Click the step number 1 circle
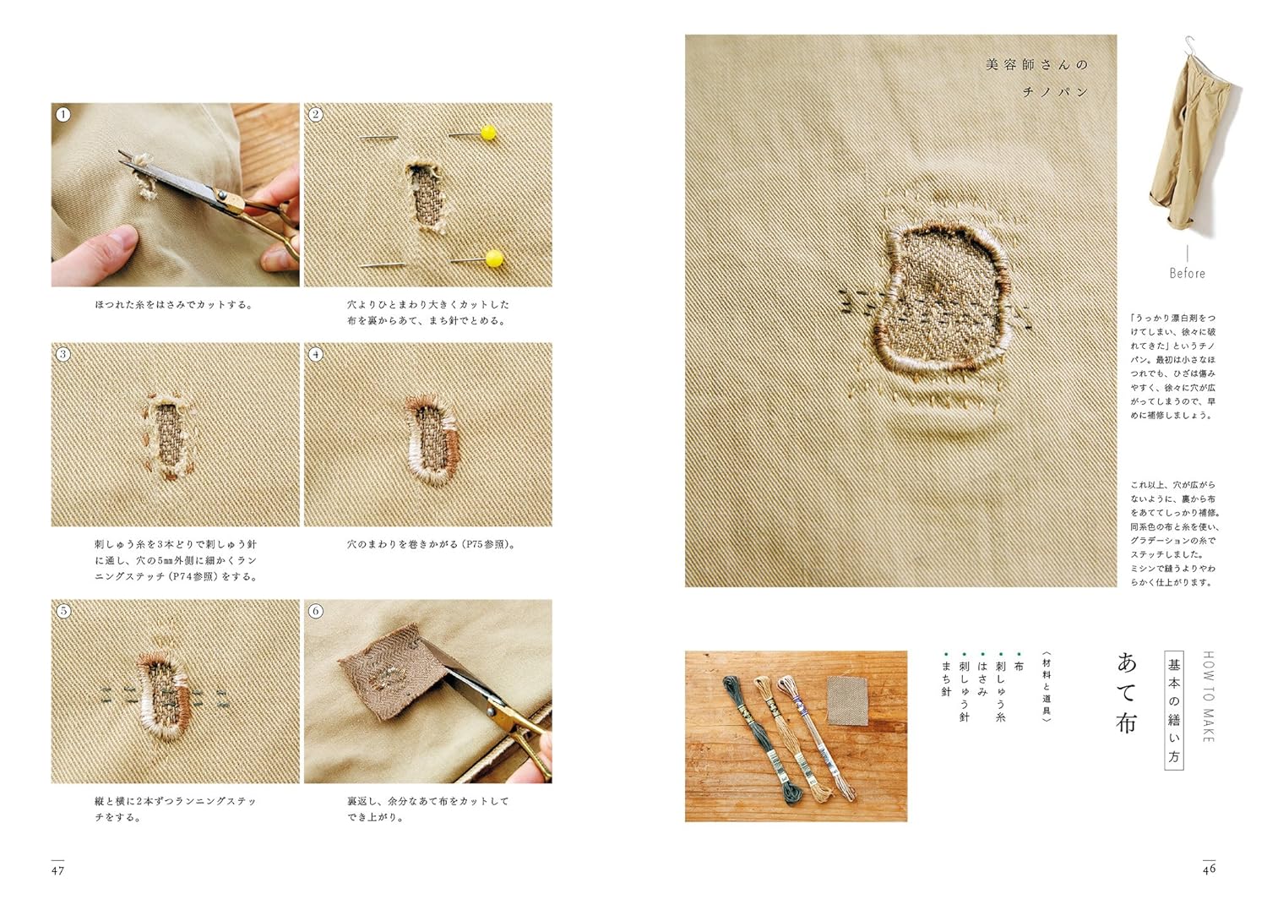(x=63, y=114)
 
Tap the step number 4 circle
(x=316, y=354)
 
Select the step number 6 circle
(x=316, y=611)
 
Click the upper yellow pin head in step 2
(x=489, y=133)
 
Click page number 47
(x=57, y=871)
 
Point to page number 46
(x=1209, y=869)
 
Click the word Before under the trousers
(x=1188, y=273)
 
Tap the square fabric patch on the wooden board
(x=846, y=700)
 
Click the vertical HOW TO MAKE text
(x=1208, y=696)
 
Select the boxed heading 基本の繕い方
(x=1174, y=711)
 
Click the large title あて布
(x=1126, y=694)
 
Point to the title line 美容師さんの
(x=1037, y=65)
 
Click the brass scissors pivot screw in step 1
(x=221, y=195)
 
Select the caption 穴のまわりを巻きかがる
(x=402, y=544)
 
